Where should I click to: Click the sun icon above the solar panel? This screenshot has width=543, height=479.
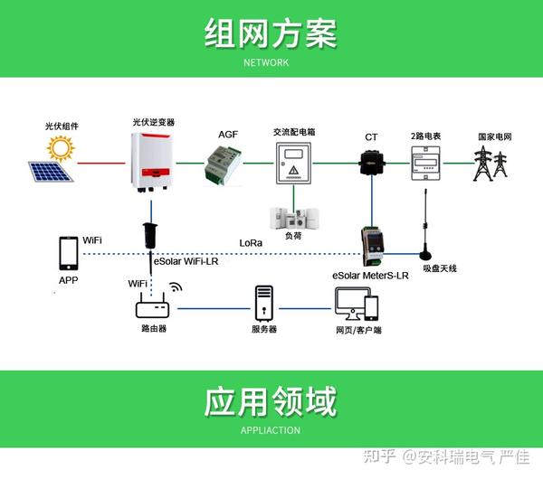click(x=61, y=148)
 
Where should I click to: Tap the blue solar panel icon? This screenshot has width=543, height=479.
click(x=51, y=172)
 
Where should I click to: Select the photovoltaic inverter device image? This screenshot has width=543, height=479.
click(x=152, y=162)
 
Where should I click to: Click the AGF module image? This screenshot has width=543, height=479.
click(x=224, y=166)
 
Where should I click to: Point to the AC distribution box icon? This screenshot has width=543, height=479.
click(x=293, y=163)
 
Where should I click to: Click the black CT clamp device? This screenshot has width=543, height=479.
click(x=372, y=163)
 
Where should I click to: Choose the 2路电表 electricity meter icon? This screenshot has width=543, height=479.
click(x=425, y=164)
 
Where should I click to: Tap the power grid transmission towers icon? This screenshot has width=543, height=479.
click(x=490, y=164)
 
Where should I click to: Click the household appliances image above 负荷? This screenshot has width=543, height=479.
click(x=294, y=218)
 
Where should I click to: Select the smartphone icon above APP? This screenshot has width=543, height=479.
click(x=69, y=253)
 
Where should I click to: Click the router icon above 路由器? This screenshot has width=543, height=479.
click(x=152, y=305)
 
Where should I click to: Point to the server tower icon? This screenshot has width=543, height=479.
click(x=264, y=304)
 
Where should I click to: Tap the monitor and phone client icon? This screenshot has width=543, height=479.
click(x=357, y=305)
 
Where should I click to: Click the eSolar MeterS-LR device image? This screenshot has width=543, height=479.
click(x=372, y=246)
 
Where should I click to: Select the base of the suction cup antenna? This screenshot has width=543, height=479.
click(x=425, y=255)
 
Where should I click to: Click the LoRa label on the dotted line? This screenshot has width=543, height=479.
click(x=251, y=243)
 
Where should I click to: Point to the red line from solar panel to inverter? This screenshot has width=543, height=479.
click(x=101, y=163)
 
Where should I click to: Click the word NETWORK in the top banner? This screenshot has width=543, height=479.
click(x=266, y=62)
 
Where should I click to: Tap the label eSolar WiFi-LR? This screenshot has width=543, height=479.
click(x=186, y=261)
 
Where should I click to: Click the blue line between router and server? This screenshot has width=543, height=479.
click(x=214, y=308)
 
